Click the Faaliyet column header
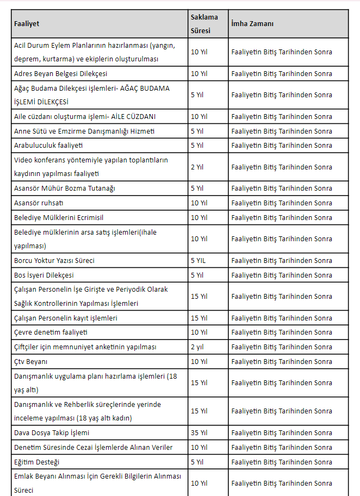click(27, 24)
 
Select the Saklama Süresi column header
click(204, 24)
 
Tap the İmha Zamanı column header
click(252, 24)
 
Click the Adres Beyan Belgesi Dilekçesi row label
click(60, 73)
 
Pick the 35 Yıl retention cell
click(199, 433)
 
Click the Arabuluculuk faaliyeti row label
click(48, 146)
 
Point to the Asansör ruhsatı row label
click(39, 203)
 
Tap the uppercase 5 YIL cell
click(198, 260)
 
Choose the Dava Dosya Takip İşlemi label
click(52, 433)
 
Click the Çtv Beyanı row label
click(32, 361)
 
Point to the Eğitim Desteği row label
click(36, 462)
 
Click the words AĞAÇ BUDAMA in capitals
click(144, 88)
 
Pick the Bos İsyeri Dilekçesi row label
click(44, 275)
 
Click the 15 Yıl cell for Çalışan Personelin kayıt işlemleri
click(199, 318)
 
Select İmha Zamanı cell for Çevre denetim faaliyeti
click(282, 332)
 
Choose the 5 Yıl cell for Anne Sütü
click(197, 131)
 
